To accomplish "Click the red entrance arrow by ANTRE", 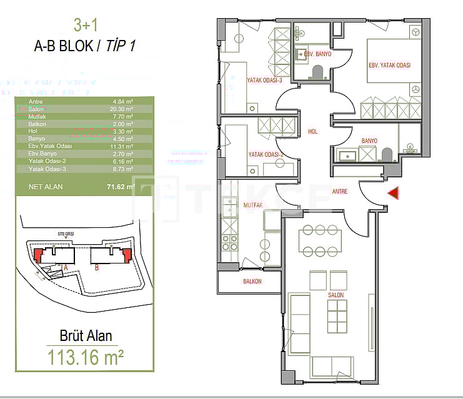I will [x=393, y=194].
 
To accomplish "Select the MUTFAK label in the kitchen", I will [x=236, y=204].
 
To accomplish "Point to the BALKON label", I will [x=252, y=282].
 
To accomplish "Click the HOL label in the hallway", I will [x=313, y=132].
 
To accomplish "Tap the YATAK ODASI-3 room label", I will [x=266, y=80].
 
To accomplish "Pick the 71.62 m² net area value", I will [x=120, y=187].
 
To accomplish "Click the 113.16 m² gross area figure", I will [x=86, y=358].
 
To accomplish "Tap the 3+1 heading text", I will [x=86, y=26].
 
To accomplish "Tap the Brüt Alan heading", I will [x=86, y=336].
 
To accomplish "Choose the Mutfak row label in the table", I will [x=37, y=116].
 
